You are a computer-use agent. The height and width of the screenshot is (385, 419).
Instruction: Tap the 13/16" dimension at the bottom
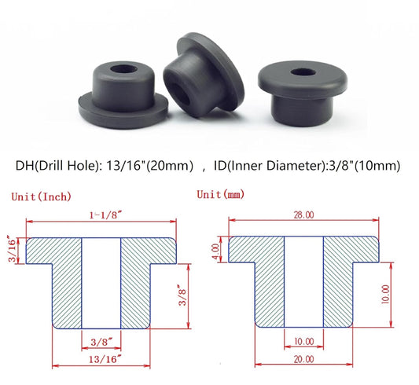click(102, 360)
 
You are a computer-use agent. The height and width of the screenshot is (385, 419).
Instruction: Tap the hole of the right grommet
click(302, 73)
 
